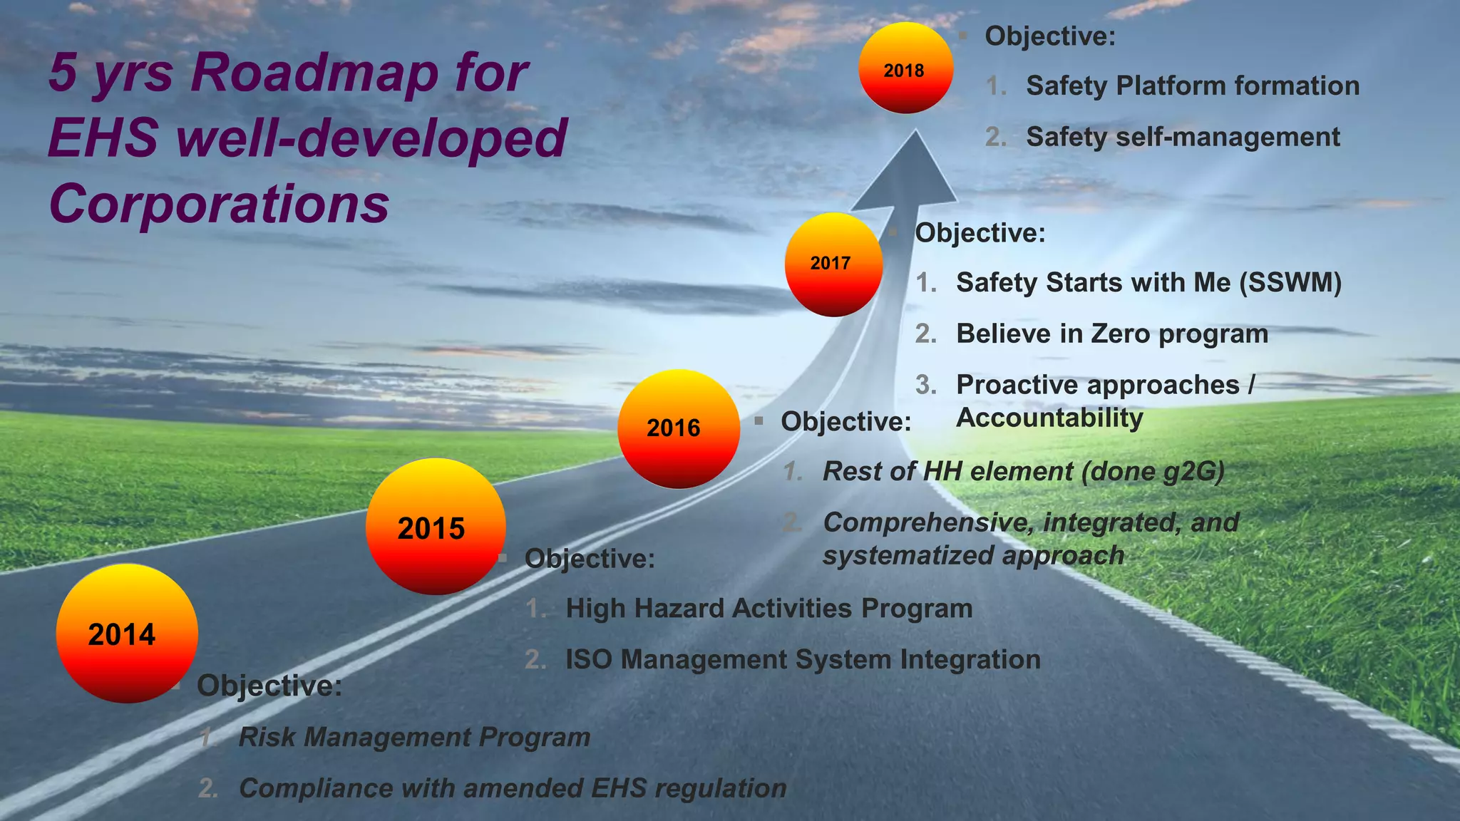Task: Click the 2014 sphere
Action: pyautogui.click(x=127, y=633)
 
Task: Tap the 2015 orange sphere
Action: pyautogui.click(x=435, y=527)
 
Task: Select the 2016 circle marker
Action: pyautogui.click(x=678, y=428)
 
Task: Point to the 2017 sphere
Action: pyautogui.click(x=833, y=264)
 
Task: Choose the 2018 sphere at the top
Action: pyautogui.click(x=905, y=68)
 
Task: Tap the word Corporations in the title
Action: pyautogui.click(x=219, y=204)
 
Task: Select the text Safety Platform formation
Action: pyautogui.click(x=1192, y=86)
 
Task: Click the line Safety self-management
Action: pyautogui.click(x=1182, y=137)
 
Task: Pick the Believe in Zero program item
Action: pyautogui.click(x=1111, y=334)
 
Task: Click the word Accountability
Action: pyautogui.click(x=1049, y=418)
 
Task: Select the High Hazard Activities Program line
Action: pyautogui.click(x=768, y=609)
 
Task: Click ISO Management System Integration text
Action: pyautogui.click(x=803, y=659)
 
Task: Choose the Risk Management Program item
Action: pyautogui.click(x=414, y=737)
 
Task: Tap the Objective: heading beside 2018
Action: pyautogui.click(x=1049, y=36)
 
